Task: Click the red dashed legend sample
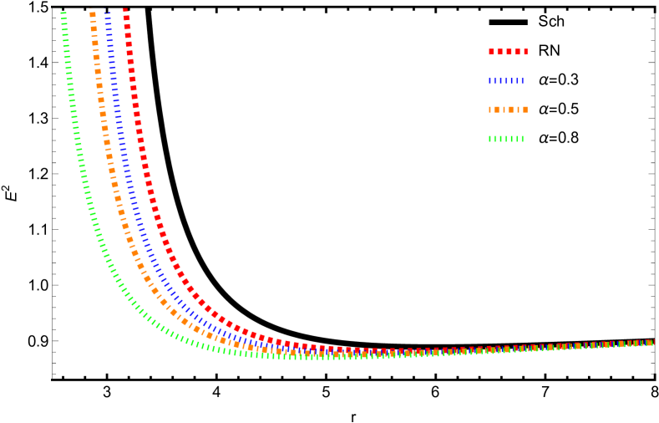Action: click(x=508, y=52)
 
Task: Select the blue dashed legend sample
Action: click(x=506, y=81)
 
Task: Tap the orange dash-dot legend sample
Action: click(x=508, y=110)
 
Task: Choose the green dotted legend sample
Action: click(x=506, y=139)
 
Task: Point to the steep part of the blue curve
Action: click(x=124, y=150)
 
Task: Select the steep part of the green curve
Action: click(x=80, y=150)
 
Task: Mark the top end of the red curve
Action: click(x=125, y=10)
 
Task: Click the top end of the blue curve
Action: click(x=108, y=11)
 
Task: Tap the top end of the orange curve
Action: click(x=92, y=12)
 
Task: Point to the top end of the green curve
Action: click(x=63, y=11)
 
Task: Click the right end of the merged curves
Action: click(x=651, y=343)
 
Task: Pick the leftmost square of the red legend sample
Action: click(x=491, y=52)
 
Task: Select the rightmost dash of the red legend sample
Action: click(x=525, y=52)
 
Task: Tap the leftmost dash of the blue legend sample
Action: click(x=490, y=81)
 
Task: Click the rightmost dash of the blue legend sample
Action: click(x=523, y=81)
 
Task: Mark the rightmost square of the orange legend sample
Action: click(x=525, y=110)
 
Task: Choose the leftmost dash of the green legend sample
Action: click(x=490, y=139)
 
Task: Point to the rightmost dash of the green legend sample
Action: click(x=523, y=139)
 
